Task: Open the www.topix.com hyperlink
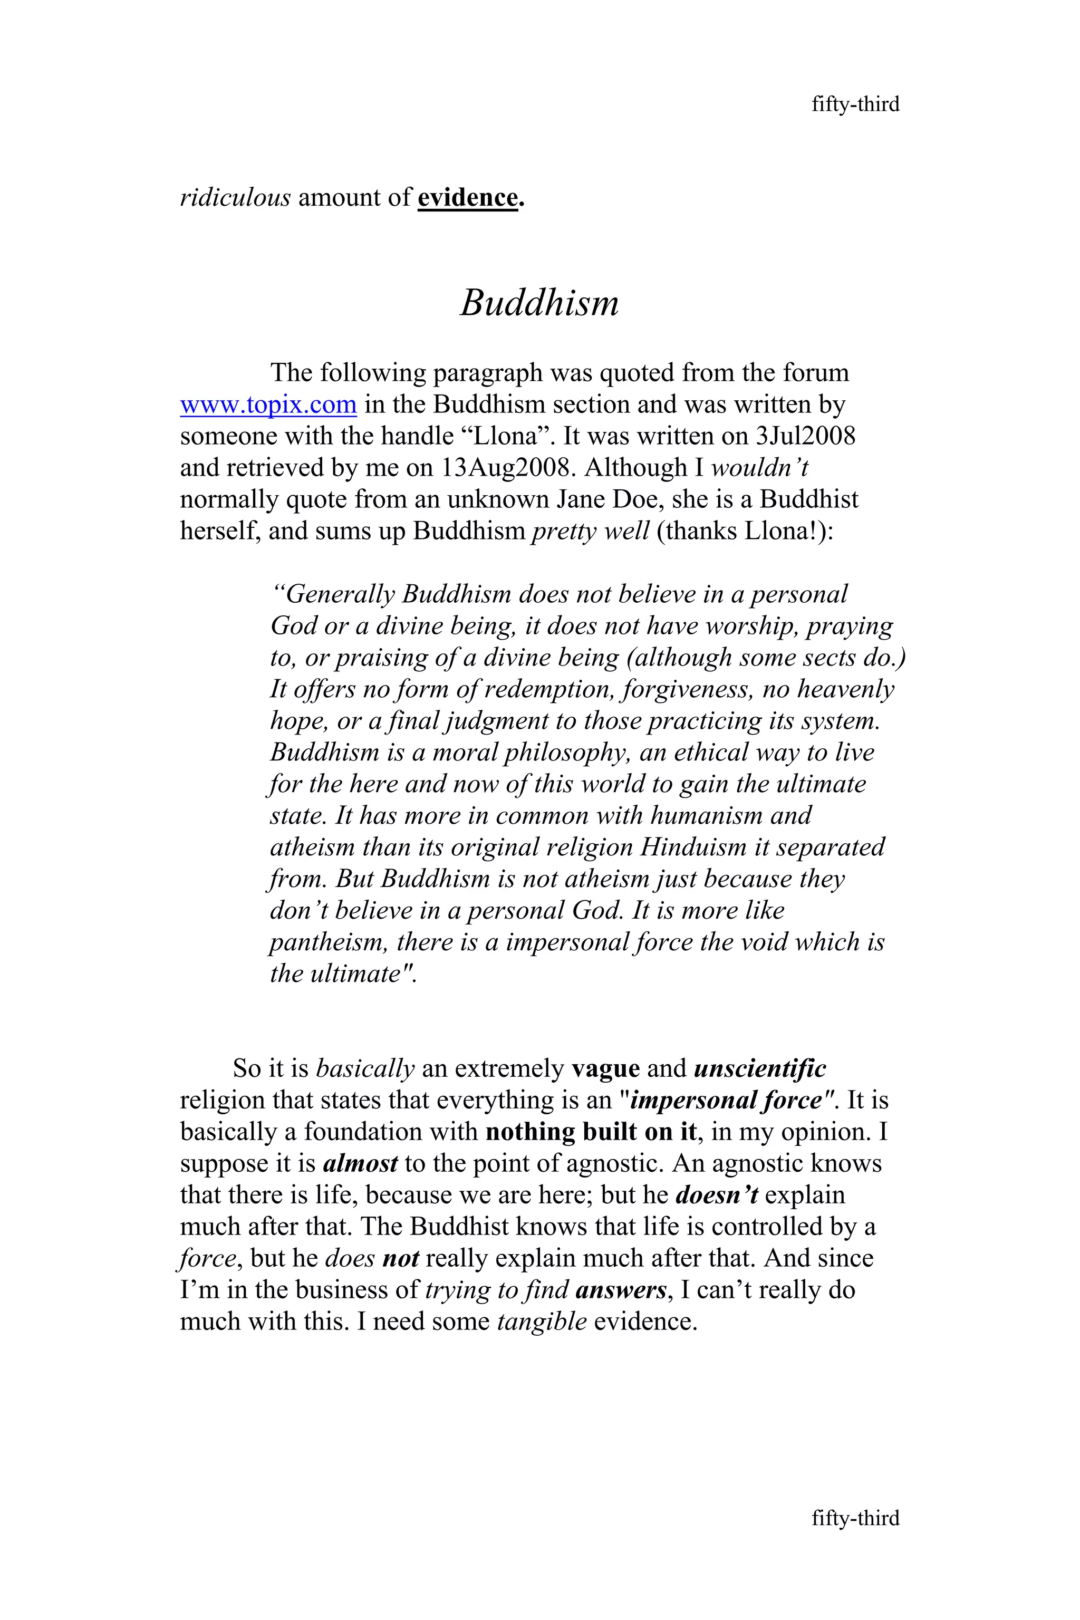(x=268, y=404)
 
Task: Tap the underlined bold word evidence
(x=468, y=198)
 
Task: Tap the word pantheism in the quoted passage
(x=329, y=942)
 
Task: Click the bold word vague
(x=605, y=1068)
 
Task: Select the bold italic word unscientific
(x=760, y=1068)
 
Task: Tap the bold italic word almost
(x=360, y=1163)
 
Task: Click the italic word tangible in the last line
(x=542, y=1322)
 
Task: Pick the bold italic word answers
(x=621, y=1290)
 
